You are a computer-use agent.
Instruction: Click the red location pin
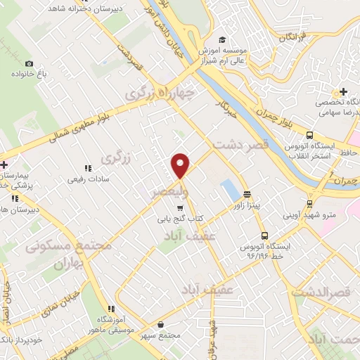point(181,165)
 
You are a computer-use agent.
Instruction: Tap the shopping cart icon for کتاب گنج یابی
point(180,207)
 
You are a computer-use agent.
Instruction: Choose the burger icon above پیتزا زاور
point(247,194)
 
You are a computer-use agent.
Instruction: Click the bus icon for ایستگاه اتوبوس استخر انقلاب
point(309,136)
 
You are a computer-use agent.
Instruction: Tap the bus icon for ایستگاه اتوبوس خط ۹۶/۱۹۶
point(264,236)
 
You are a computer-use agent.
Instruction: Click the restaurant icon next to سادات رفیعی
point(88,168)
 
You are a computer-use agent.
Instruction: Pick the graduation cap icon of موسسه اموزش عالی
point(222,39)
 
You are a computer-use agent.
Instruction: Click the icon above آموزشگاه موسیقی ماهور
point(111,308)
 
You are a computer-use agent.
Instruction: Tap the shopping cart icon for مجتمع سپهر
point(162,325)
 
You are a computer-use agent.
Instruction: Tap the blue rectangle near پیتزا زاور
point(229,188)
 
